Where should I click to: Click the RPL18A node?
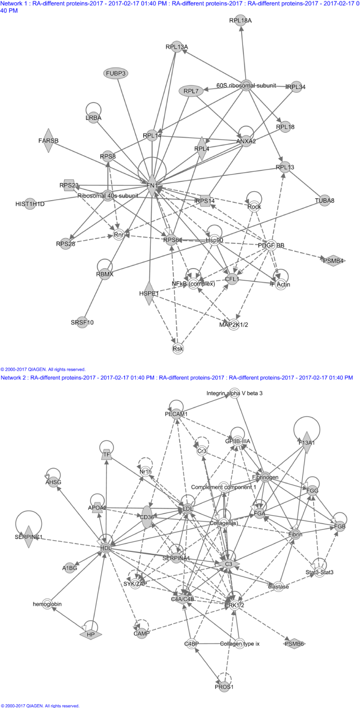pos(241,20)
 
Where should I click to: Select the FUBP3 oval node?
pos(116,73)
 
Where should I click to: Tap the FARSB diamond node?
pos(48,141)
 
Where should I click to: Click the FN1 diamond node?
pos(152,185)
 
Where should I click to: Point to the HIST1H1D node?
pos(30,204)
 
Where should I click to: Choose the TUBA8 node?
pos(324,201)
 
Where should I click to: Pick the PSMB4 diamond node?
pos(333,260)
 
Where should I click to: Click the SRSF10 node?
pos(82,323)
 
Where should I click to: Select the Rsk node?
pos(178,349)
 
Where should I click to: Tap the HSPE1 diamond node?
pos(149,293)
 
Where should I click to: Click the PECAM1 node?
pos(176,414)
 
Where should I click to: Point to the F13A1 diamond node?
pos(307,443)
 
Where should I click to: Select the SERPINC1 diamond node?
pos(29,537)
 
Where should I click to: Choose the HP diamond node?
pos(91,635)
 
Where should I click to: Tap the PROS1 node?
pos(224,687)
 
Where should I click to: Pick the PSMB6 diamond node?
pos(294,644)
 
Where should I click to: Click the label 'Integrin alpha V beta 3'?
pos(234,393)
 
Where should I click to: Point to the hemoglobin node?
pos(47,604)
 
